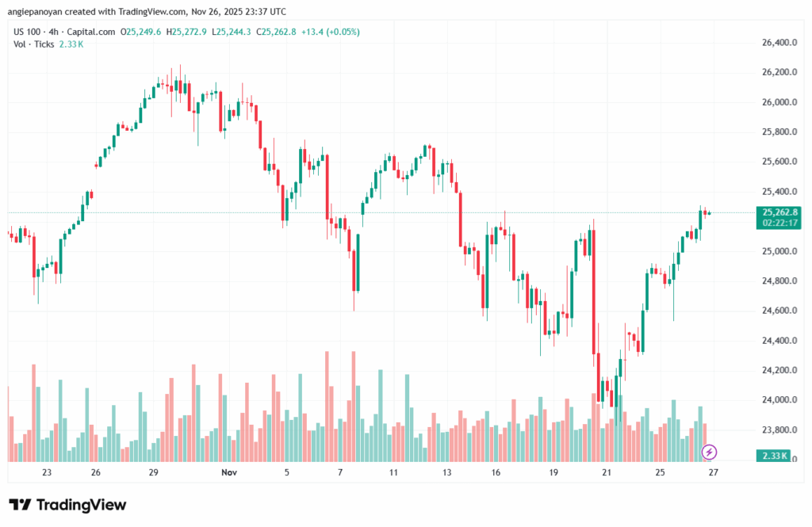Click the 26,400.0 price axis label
tap(777, 42)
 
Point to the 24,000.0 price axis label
tap(777, 399)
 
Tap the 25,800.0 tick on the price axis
tap(777, 132)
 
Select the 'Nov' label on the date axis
tap(229, 472)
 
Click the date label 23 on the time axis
tap(47, 472)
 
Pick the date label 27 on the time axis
tap(713, 472)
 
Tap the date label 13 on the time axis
tap(446, 472)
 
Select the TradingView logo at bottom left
tap(67, 505)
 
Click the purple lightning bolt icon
tap(710, 452)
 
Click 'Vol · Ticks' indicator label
tap(33, 44)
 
